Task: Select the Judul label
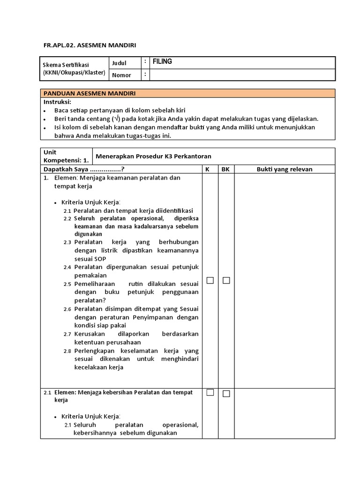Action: [120, 63]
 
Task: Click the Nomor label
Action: [121, 75]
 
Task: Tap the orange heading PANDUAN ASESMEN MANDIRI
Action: [90, 93]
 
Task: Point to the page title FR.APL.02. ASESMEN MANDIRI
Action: [90, 45]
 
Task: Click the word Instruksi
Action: [57, 102]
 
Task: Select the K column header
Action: [207, 169]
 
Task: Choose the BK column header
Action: [225, 169]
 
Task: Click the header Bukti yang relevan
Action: [284, 169]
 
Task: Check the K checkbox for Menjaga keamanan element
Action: [210, 280]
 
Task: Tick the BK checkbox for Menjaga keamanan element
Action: [226, 280]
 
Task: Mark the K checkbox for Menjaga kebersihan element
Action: [210, 392]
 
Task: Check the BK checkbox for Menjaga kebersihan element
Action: [226, 393]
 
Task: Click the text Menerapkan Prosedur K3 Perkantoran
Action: [148, 156]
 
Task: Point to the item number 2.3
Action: [67, 242]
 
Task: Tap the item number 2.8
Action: [67, 351]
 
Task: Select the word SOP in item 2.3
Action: [100, 259]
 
